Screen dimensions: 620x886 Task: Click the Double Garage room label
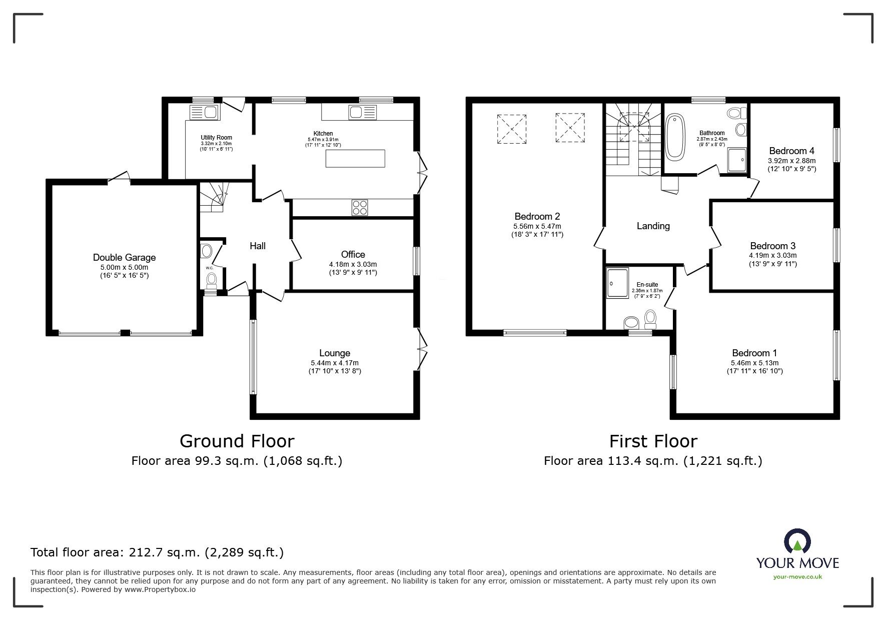[x=124, y=258]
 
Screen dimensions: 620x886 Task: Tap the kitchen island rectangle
[x=355, y=159]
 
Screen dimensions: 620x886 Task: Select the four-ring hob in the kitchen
[x=359, y=207]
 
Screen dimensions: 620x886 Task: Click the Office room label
[x=353, y=254]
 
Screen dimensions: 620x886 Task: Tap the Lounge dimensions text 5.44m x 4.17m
[x=334, y=363]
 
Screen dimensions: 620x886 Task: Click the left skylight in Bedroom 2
[x=512, y=129]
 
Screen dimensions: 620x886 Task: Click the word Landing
[x=653, y=226]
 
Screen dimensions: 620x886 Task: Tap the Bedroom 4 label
[x=791, y=151]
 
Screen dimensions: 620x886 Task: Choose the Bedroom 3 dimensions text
[x=772, y=255]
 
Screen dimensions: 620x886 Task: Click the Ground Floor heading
[x=237, y=441]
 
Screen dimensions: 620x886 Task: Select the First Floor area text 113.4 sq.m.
[x=653, y=460]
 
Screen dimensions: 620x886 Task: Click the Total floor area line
[x=157, y=552]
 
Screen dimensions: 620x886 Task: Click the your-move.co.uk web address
[x=797, y=576]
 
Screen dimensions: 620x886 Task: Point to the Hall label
[x=258, y=246]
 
